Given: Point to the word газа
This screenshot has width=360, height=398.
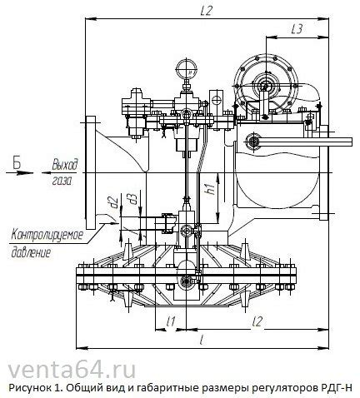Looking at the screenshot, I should tap(60, 179).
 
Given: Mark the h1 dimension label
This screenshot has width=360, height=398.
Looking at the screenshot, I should tap(211, 190).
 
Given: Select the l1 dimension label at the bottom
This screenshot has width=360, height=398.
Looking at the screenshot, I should tap(170, 320).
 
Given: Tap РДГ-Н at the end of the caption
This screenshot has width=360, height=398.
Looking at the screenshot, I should tap(339, 389).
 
